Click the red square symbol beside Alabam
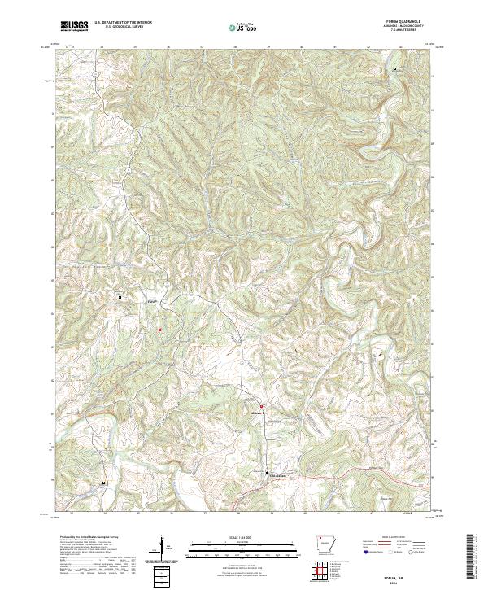[262, 406]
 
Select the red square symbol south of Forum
[160, 330]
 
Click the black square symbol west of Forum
[120, 298]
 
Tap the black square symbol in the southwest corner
[103, 483]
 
